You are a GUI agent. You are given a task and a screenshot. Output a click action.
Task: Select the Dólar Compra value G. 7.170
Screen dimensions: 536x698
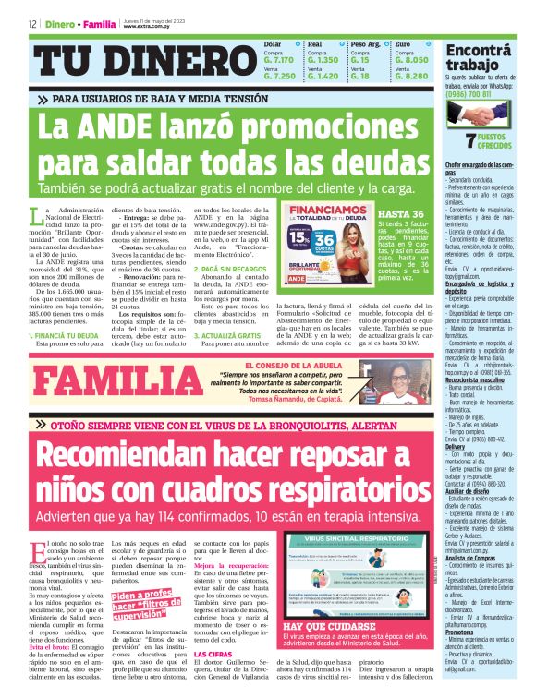279,59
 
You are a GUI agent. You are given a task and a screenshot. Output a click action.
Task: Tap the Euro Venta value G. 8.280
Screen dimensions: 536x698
411,76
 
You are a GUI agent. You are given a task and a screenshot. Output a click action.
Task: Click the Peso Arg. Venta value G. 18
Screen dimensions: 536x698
360,76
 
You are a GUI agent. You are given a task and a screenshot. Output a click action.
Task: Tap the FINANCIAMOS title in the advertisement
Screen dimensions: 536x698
318,211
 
